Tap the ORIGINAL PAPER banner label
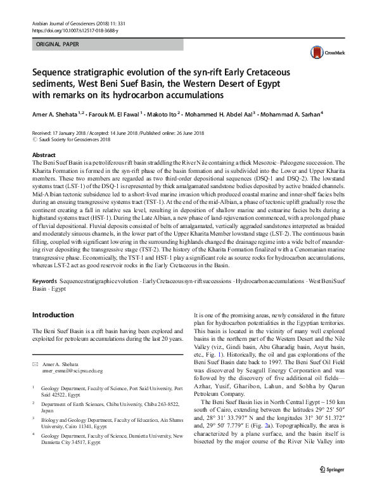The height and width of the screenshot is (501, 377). (59, 46)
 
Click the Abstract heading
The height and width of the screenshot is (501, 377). (43, 155)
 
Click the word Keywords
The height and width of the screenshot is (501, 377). (46, 279)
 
